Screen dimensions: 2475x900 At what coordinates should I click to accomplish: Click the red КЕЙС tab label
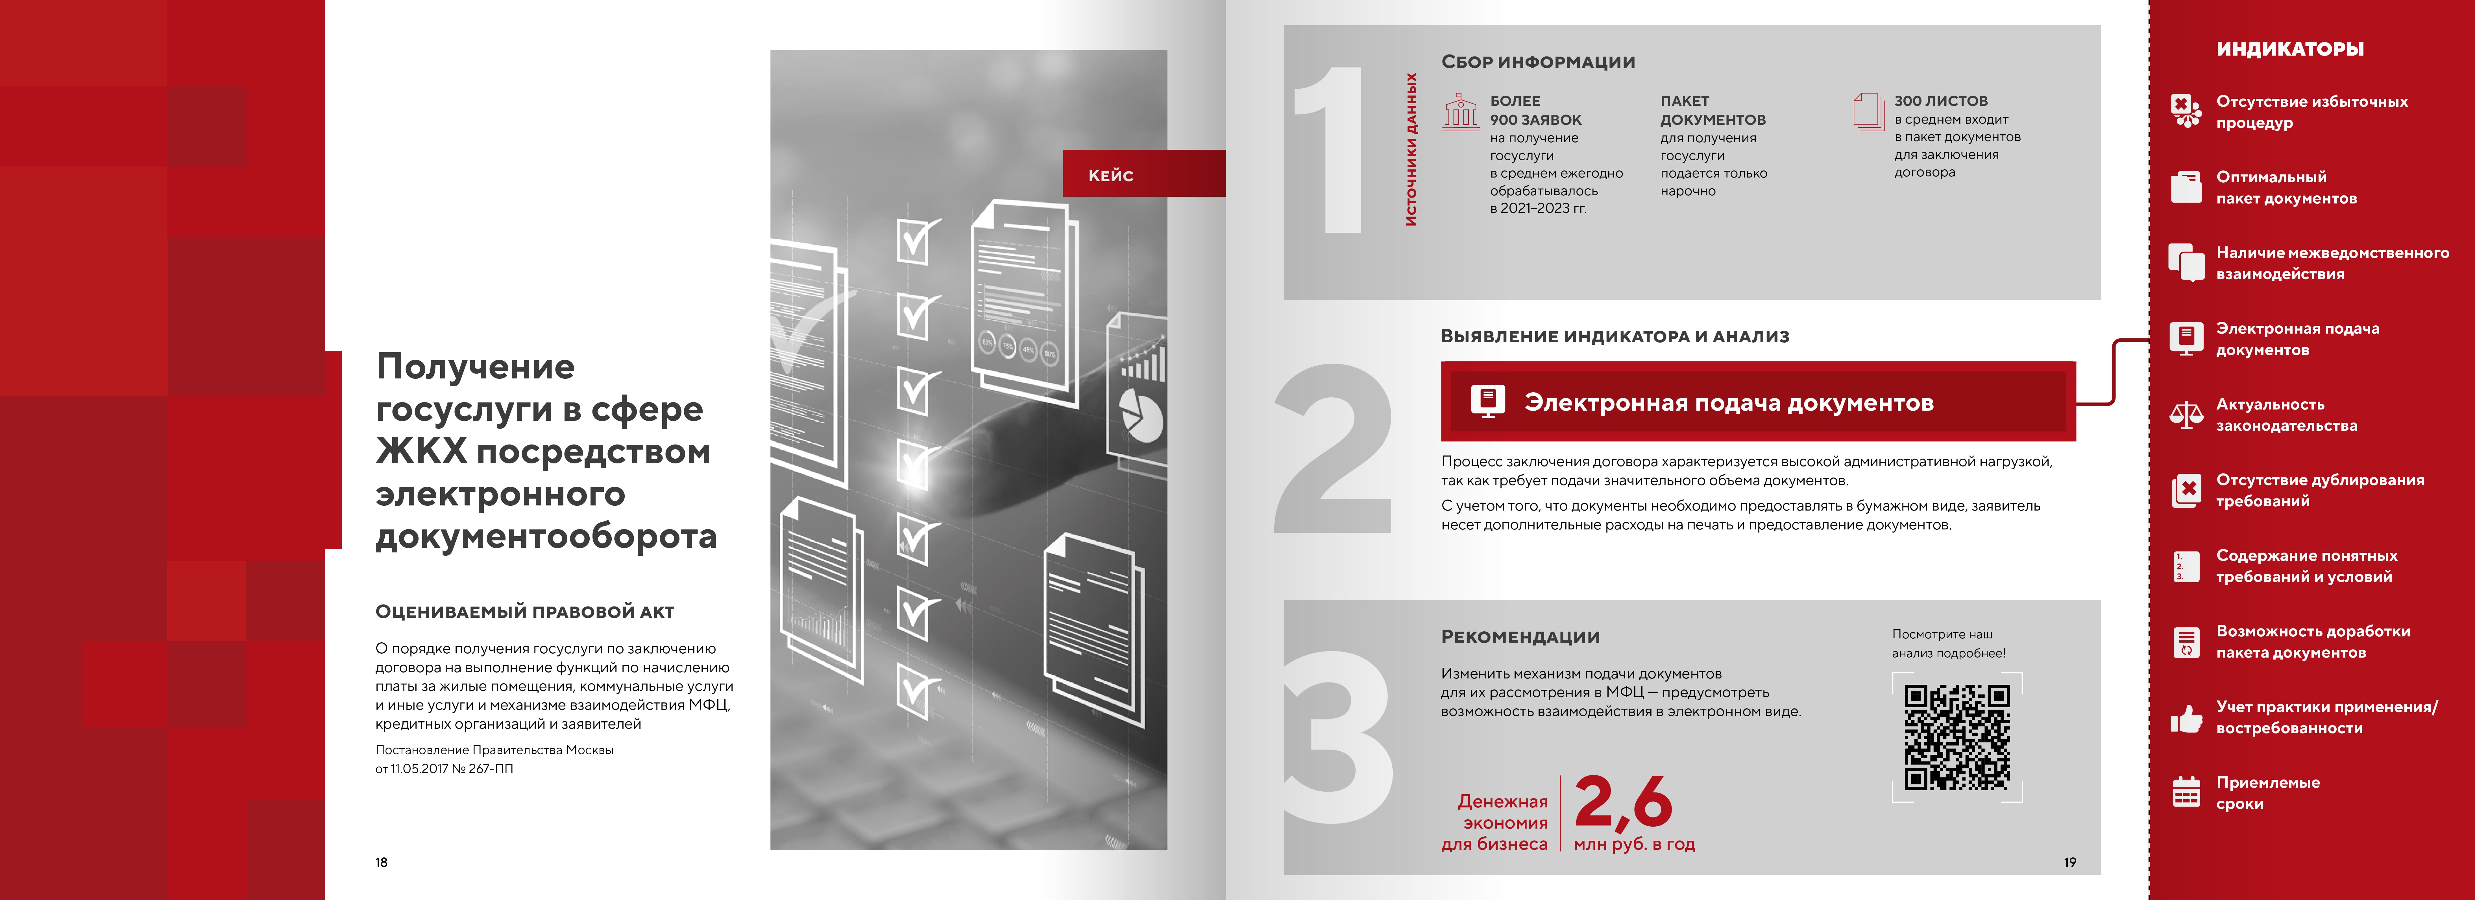pos(1111,175)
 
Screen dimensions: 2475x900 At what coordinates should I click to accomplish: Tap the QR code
pos(1957,737)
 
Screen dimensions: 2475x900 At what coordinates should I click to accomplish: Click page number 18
pos(382,862)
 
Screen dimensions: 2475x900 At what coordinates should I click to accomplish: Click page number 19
pos(2069,862)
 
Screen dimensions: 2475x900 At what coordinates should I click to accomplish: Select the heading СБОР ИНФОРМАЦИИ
pos(1537,62)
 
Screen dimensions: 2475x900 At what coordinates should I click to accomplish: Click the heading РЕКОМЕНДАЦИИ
pos(1520,637)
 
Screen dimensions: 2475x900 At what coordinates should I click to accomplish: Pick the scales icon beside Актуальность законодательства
pos(2187,415)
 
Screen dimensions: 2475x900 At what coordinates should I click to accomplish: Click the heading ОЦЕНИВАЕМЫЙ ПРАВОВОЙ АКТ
pos(525,612)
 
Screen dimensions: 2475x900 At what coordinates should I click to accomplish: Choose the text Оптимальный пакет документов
pos(2286,187)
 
